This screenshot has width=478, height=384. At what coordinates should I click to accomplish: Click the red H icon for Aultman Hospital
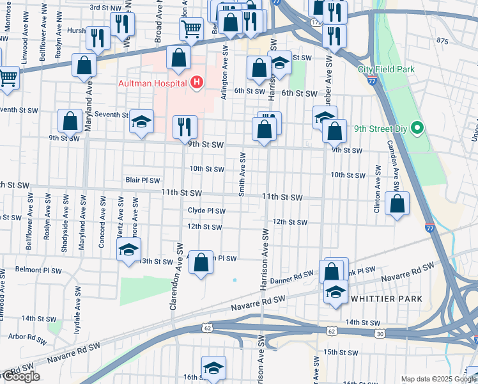click(197, 83)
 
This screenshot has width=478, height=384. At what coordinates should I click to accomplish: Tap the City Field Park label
click(387, 69)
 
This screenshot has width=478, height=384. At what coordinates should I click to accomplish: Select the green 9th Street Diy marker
click(417, 129)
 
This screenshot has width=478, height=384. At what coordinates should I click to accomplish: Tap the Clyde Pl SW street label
click(206, 211)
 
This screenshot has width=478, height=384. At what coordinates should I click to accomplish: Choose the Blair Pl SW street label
click(143, 180)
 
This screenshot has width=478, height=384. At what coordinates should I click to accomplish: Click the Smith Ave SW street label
click(242, 174)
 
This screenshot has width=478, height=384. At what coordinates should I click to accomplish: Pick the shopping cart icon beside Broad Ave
click(191, 28)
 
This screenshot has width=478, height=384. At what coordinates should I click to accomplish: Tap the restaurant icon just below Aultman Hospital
click(185, 126)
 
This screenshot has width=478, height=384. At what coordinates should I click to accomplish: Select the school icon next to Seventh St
click(141, 122)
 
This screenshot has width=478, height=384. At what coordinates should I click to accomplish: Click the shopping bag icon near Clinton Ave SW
click(397, 204)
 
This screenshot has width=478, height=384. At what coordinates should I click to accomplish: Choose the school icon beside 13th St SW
click(128, 249)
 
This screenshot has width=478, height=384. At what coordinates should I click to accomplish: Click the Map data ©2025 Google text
click(438, 379)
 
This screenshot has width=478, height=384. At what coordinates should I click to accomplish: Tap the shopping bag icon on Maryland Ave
click(84, 65)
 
